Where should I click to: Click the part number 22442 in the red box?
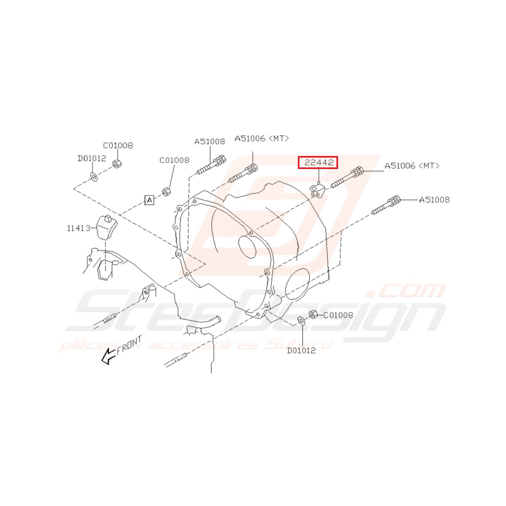pos(318,162)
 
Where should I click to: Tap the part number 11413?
pos(78,229)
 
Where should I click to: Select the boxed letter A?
pos(149,200)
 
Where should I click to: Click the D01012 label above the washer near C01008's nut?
pos(91,158)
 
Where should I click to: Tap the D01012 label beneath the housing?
pos(301,350)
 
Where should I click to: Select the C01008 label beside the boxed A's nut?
pos(174,160)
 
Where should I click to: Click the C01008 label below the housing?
pos(338,315)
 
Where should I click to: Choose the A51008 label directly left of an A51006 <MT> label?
pos(209,141)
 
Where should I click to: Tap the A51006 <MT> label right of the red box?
pos(411,166)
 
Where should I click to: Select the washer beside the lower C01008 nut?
pos(302,320)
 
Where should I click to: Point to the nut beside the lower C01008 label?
pos(313,314)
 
